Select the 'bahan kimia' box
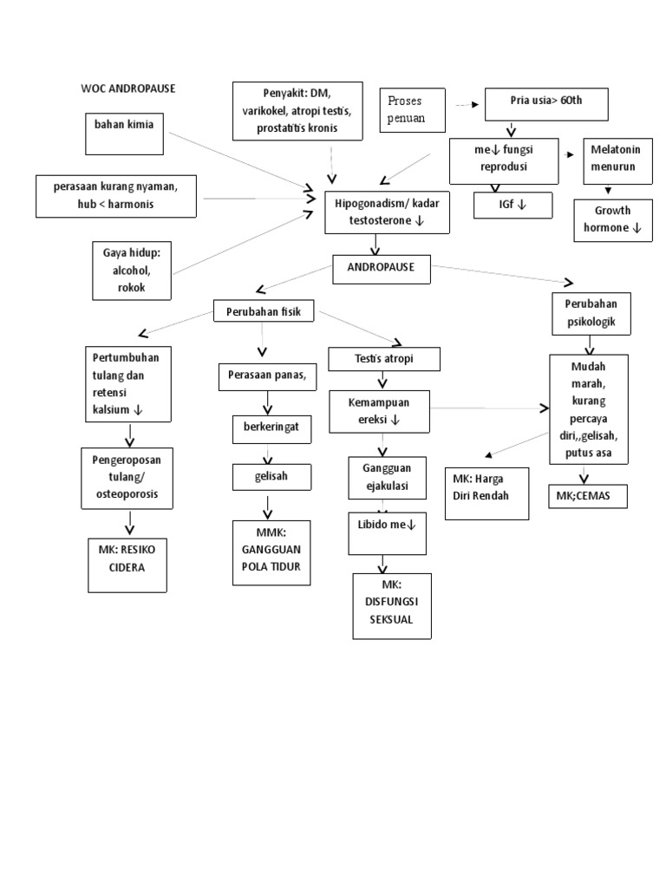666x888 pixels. [x=124, y=133]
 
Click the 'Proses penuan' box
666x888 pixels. [x=412, y=110]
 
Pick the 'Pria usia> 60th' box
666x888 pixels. [x=546, y=103]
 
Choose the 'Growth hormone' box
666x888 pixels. [x=612, y=220]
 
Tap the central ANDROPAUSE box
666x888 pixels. [x=382, y=269]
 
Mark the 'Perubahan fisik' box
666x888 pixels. [x=264, y=312]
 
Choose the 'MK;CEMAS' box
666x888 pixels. [x=585, y=496]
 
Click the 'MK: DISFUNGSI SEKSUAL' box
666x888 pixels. [x=391, y=605]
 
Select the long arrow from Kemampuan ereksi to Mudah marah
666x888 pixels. [x=490, y=408]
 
